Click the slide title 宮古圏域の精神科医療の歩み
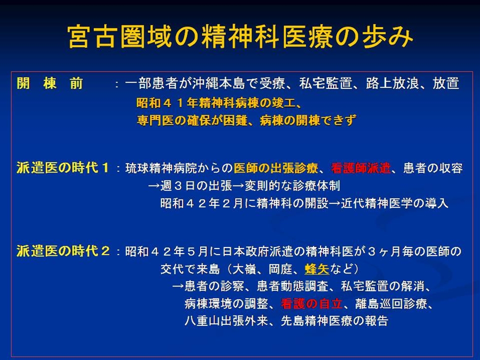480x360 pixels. (240, 36)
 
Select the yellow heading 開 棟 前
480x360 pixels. (50, 83)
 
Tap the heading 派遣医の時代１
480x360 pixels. (63, 168)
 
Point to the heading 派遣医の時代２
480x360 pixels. (63, 251)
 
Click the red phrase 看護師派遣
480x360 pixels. (360, 168)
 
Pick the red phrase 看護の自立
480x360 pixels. (311, 303)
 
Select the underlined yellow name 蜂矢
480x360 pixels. (317, 269)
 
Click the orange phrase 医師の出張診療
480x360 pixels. (276, 168)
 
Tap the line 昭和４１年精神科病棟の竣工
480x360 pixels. (216, 103)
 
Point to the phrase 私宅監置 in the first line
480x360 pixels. (325, 83)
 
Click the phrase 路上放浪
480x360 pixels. (392, 83)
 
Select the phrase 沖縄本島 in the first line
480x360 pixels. (219, 83)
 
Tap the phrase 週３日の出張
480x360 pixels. (196, 186)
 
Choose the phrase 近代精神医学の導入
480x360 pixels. (394, 203)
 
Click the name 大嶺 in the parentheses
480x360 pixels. (244, 269)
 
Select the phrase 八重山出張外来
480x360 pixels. (226, 321)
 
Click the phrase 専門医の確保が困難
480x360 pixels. (192, 120)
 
